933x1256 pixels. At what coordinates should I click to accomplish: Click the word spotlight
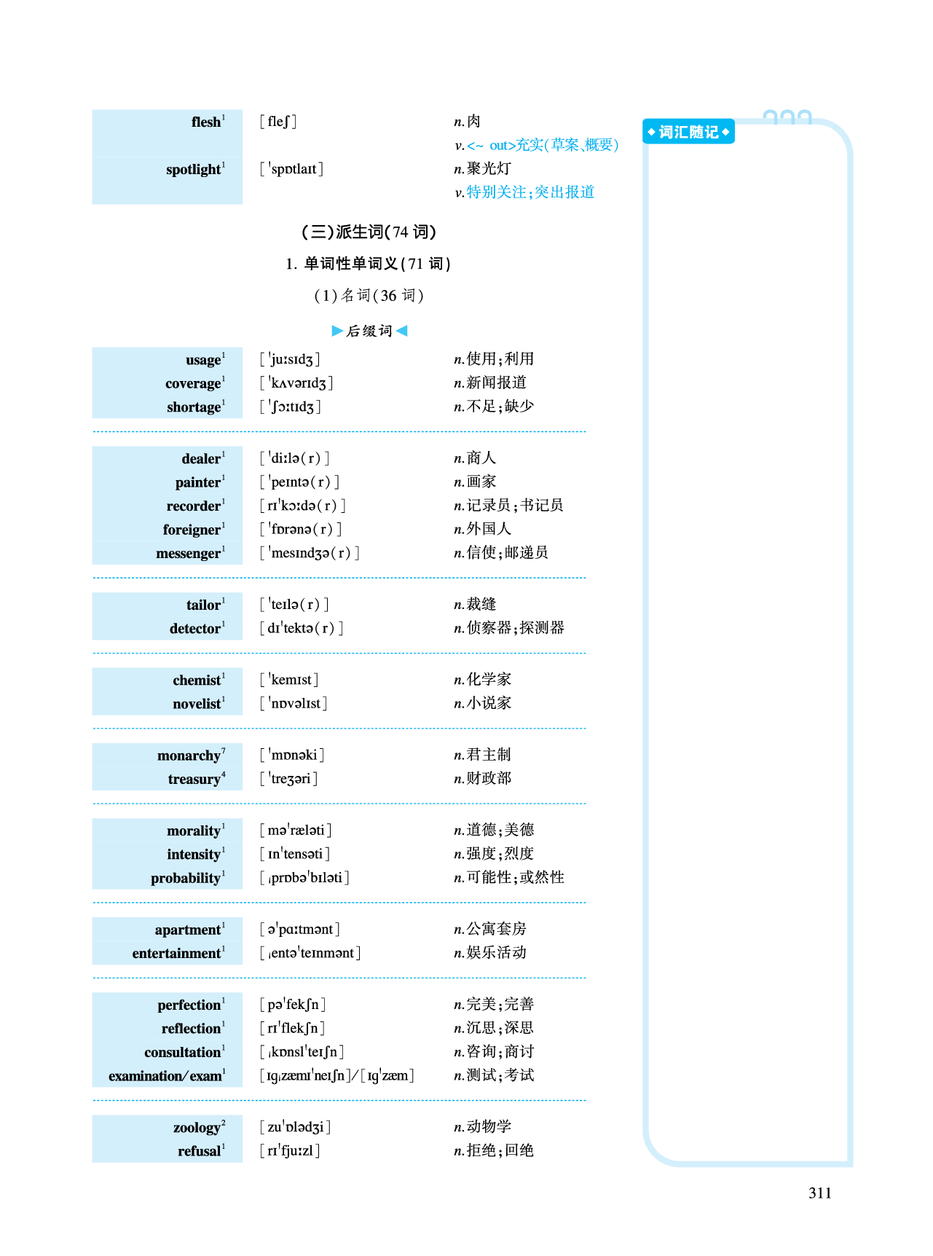(193, 170)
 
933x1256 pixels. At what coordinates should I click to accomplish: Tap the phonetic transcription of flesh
(278, 122)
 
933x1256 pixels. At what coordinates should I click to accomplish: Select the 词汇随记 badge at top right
(688, 132)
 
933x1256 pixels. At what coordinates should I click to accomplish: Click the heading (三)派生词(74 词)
(369, 232)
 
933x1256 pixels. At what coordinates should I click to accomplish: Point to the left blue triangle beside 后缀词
(337, 331)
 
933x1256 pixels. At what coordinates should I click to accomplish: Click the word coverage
(193, 383)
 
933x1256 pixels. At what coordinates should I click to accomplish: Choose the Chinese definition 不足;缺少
(500, 406)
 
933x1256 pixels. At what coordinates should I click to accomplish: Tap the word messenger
(188, 554)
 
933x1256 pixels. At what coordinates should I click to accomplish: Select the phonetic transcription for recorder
(303, 506)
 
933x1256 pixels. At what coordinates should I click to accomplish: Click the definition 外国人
(489, 529)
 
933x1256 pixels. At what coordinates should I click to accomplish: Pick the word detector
(194, 629)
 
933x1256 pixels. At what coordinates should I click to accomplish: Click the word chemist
(197, 680)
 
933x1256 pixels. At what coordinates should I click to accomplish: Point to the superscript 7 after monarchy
(224, 750)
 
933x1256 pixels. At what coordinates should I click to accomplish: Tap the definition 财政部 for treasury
(489, 779)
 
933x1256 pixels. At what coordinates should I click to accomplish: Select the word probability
(186, 879)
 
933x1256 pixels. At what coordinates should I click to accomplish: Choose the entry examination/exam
(165, 1076)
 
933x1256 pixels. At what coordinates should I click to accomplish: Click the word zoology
(197, 1128)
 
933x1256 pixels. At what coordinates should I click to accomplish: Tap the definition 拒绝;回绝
(500, 1150)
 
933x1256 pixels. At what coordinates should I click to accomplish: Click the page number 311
(819, 1193)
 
